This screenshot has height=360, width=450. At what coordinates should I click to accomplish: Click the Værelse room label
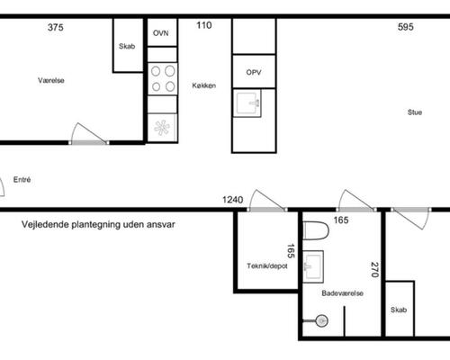pyautogui.click(x=51, y=80)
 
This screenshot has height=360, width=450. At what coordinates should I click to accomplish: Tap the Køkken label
pyautogui.click(x=204, y=85)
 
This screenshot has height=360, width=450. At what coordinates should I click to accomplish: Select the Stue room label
pyautogui.click(x=415, y=112)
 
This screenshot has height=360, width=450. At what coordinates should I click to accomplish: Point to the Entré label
pyautogui.click(x=22, y=179)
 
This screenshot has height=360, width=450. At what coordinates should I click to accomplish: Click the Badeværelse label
pyautogui.click(x=342, y=293)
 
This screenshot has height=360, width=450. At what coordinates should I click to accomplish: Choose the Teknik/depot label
pyautogui.click(x=267, y=265)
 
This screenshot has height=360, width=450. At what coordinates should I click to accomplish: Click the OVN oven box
pyautogui.click(x=162, y=32)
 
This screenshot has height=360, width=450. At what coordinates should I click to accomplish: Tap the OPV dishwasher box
pyautogui.click(x=254, y=71)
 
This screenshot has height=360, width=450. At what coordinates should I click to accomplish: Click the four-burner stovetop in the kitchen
pyautogui.click(x=163, y=79)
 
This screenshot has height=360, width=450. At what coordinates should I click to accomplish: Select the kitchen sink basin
pyautogui.click(x=247, y=103)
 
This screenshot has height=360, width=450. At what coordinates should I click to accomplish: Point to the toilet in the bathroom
pyautogui.click(x=316, y=230)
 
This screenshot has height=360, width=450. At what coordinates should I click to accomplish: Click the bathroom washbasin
pyautogui.click(x=313, y=266)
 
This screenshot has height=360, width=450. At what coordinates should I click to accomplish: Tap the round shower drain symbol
pyautogui.click(x=321, y=321)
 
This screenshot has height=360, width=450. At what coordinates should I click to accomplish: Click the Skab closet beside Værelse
pyautogui.click(x=128, y=46)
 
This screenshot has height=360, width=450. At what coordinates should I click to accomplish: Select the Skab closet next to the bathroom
pyautogui.click(x=400, y=309)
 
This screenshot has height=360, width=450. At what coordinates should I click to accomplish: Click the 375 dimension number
pyautogui.click(x=56, y=27)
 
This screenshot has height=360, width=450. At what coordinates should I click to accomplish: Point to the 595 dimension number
pyautogui.click(x=406, y=27)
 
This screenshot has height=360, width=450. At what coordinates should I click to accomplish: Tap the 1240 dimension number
pyautogui.click(x=233, y=200)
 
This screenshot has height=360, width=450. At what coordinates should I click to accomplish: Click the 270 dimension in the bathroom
pyautogui.click(x=374, y=270)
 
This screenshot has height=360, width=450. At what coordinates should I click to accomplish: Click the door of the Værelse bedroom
pyautogui.click(x=89, y=134)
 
